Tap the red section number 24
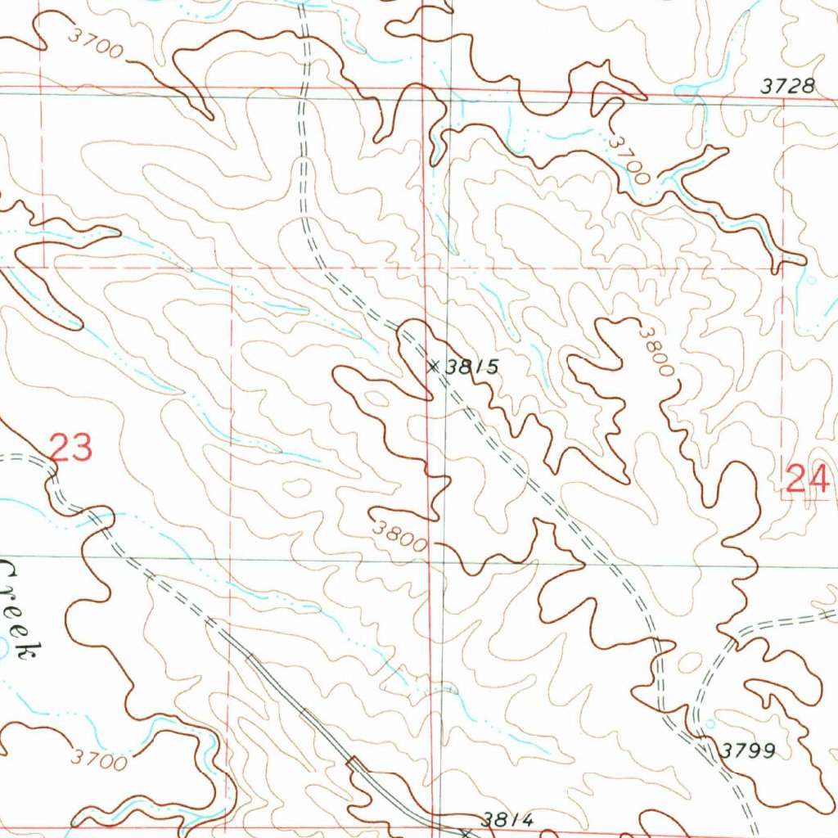click(808, 478)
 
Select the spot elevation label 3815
click(472, 367)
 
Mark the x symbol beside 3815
click(433, 367)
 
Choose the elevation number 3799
click(749, 750)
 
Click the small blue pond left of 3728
click(686, 90)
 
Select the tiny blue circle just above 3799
click(710, 723)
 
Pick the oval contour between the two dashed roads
click(691, 661)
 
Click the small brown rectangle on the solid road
click(354, 763)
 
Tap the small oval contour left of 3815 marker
click(377, 399)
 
